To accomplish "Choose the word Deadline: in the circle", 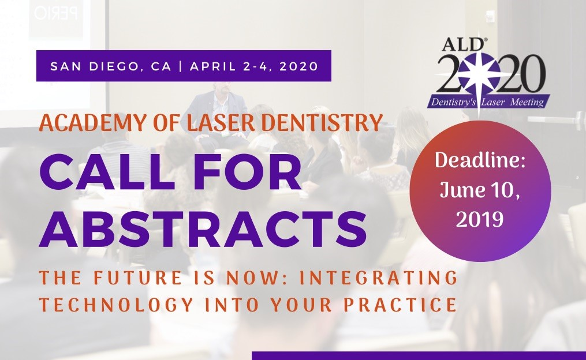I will (x=480, y=160).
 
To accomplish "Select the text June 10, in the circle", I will (x=480, y=190).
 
